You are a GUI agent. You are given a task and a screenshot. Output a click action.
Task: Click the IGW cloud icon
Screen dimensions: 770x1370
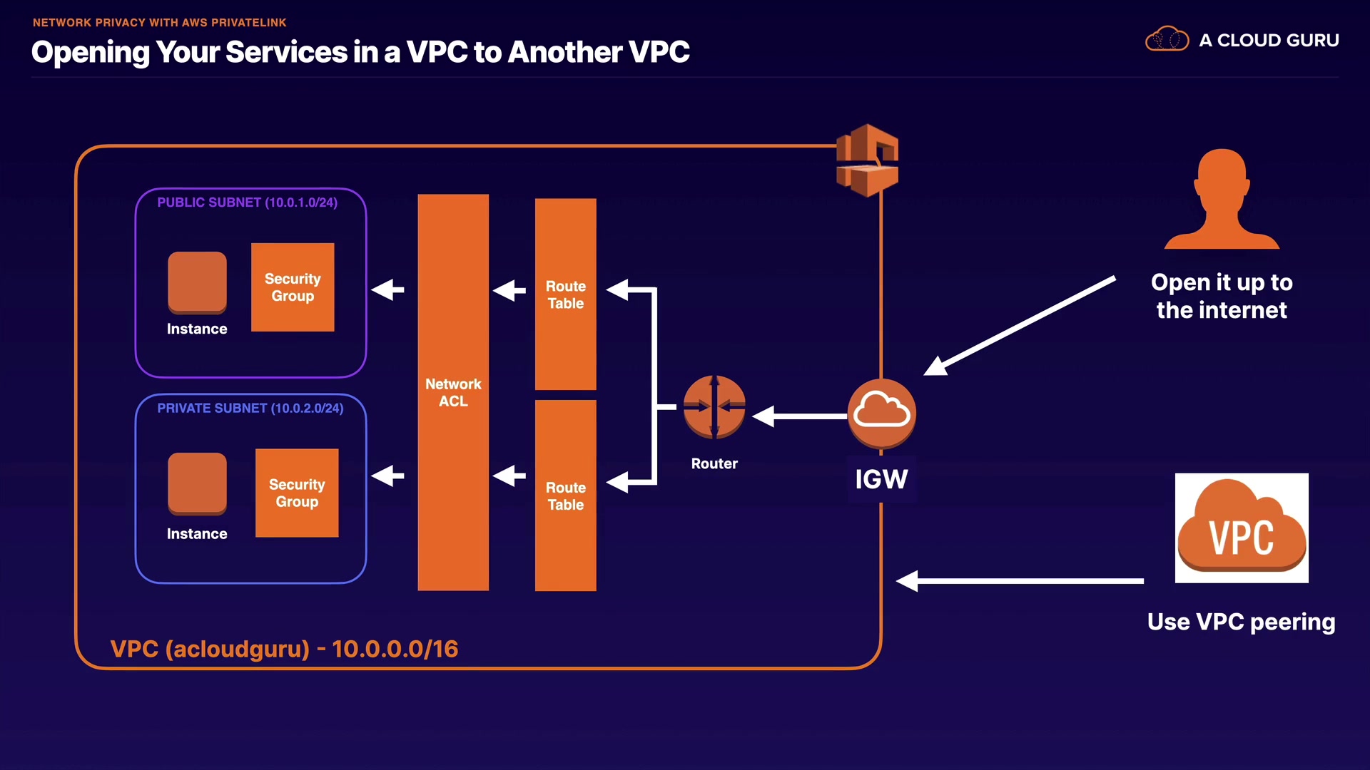pyautogui.click(x=881, y=413)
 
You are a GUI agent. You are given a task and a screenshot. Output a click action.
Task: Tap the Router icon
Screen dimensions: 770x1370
pyautogui.click(x=714, y=407)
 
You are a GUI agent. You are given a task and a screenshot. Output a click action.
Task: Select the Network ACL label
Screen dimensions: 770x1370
pyautogui.click(x=453, y=393)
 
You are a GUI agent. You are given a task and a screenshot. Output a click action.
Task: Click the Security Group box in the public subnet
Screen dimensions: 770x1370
pyautogui.click(x=293, y=287)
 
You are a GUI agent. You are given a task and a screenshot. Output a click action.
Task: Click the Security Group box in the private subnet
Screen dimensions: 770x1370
pyautogui.click(x=297, y=493)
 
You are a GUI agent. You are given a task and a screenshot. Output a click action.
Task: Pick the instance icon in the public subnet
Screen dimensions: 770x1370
pyautogui.click(x=197, y=282)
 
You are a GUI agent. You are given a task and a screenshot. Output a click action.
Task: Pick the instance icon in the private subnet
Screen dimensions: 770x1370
pyautogui.click(x=197, y=483)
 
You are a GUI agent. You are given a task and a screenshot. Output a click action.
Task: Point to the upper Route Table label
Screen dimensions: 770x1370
pyautogui.click(x=566, y=294)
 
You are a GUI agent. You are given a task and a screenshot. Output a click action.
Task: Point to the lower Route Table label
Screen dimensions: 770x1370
pyautogui.click(x=566, y=496)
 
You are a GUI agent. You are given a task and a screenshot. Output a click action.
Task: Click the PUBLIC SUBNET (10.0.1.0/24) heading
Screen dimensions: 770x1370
pyautogui.click(x=247, y=202)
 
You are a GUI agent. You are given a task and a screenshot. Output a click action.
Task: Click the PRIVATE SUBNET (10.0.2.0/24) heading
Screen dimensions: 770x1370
pyautogui.click(x=250, y=409)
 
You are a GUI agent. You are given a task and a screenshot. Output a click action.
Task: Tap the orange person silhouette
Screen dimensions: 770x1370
pyautogui.click(x=1222, y=200)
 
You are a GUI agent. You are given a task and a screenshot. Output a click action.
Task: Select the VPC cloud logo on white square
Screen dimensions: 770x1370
pyautogui.click(x=1242, y=528)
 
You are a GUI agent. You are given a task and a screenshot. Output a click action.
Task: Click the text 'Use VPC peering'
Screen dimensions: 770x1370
pyautogui.click(x=1241, y=622)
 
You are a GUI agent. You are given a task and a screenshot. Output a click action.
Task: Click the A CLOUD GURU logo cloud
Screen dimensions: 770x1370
pyautogui.click(x=1167, y=39)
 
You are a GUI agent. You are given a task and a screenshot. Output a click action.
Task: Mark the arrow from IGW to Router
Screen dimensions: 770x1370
pyautogui.click(x=799, y=416)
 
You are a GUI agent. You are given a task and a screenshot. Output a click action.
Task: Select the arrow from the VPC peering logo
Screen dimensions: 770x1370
pyautogui.click(x=1020, y=581)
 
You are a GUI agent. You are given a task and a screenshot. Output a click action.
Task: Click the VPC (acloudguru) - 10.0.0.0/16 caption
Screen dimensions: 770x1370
pyautogui.click(x=284, y=649)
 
